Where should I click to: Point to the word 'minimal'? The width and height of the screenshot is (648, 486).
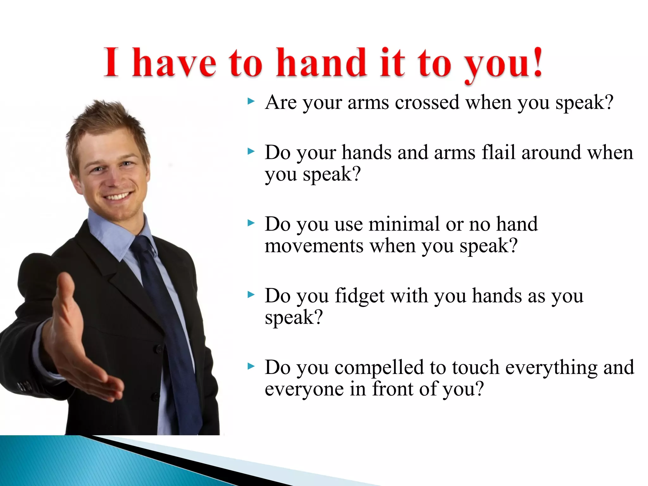[x=404, y=224]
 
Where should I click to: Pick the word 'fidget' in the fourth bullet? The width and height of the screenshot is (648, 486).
[x=359, y=296]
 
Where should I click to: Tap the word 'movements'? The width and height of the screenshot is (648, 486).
[x=314, y=246]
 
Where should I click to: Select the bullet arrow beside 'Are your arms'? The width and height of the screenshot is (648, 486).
[x=251, y=102]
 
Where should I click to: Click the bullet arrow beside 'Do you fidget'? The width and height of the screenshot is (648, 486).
[x=251, y=295]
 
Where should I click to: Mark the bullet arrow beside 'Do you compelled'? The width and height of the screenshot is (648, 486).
[x=251, y=367]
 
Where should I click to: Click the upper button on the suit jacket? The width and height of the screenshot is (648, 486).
[x=158, y=349]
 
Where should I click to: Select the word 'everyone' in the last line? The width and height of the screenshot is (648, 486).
[x=304, y=389]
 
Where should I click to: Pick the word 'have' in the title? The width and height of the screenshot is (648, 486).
[x=174, y=63]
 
